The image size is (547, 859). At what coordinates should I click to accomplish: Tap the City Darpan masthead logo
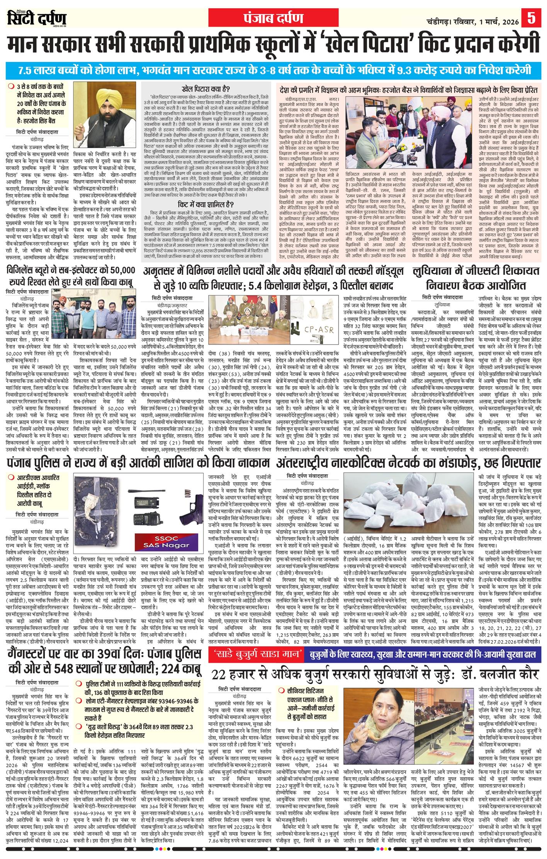point(37,19)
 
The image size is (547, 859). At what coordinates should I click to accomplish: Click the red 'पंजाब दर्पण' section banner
point(273,19)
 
